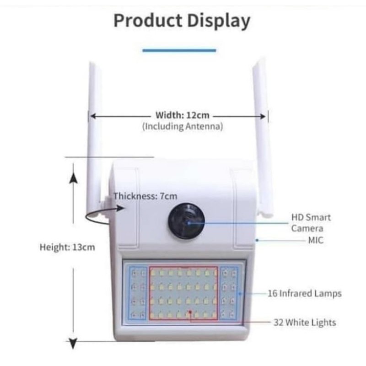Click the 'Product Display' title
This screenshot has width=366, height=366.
coord(182,21)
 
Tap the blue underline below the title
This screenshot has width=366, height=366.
coord(179,50)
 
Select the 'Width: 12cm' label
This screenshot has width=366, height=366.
coord(183,115)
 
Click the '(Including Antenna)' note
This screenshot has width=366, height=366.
coord(183,127)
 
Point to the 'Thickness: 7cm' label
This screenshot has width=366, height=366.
coord(145,196)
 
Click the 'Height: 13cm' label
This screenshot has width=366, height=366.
coord(67,247)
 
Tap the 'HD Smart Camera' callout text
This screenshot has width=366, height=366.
coord(311,222)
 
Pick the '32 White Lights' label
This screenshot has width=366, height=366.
coord(304,323)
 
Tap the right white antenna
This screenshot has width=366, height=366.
coord(264,137)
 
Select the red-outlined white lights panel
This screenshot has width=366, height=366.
coord(183,293)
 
